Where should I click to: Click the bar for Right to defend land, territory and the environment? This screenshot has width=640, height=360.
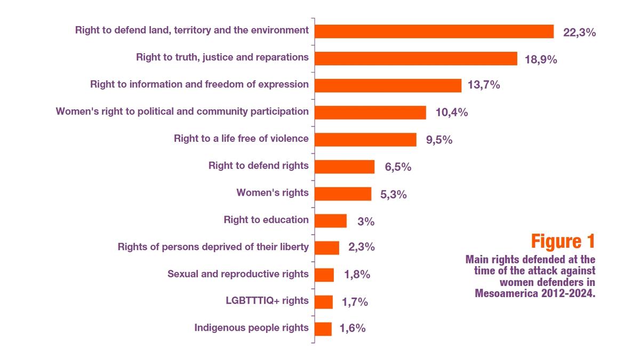point(434,31)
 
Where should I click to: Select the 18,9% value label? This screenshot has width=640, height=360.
point(541,59)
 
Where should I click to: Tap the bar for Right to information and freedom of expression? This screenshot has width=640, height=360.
point(388,85)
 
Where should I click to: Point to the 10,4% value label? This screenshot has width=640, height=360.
point(451,113)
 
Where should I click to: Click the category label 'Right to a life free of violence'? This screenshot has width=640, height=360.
point(241,139)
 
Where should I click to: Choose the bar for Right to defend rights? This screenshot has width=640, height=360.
point(345,167)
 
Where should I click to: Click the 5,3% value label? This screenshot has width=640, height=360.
point(394,195)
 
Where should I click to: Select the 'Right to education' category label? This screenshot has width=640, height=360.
point(266,220)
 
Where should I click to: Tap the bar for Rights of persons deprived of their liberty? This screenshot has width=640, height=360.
point(327,247)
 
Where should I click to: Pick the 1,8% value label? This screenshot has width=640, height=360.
point(357,275)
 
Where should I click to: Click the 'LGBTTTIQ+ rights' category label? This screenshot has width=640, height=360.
point(267,300)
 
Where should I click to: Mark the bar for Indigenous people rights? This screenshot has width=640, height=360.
point(323,329)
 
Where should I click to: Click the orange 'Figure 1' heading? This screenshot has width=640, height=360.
point(563,241)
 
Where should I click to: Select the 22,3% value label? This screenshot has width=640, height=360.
point(579,33)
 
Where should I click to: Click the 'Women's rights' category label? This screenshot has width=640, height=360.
point(273,193)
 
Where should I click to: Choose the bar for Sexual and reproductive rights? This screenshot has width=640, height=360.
point(324,275)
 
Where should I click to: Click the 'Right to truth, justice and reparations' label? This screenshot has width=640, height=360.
point(222,57)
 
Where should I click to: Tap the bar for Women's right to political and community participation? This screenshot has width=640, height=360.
point(370,113)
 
